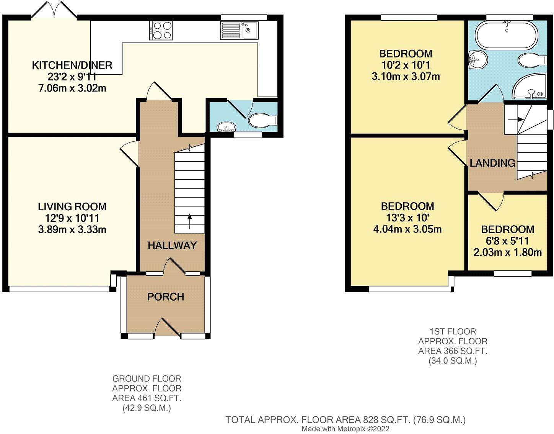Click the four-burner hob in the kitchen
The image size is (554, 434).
161,30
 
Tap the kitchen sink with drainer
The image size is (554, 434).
239,30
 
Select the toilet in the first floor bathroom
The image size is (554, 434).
532,60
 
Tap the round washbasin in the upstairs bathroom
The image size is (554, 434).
477,60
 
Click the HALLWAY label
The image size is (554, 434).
172,246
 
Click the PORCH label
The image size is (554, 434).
166,297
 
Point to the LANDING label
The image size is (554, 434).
492,163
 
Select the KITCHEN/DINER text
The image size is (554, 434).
72,65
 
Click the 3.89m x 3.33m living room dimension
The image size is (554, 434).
72,229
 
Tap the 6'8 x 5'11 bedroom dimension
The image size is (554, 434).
507,241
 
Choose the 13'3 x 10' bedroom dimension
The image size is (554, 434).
407,218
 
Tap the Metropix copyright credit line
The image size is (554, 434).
345,429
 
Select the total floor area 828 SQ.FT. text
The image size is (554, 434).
345,420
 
